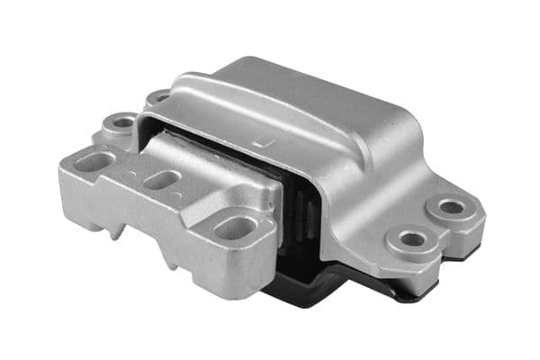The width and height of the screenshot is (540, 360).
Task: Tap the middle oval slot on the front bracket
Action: tap(160, 180)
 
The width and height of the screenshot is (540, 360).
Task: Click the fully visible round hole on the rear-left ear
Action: tap(121, 121)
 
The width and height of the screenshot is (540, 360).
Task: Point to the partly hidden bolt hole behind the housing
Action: tap(159, 95)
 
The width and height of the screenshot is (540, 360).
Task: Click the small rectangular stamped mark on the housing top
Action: tap(262, 140)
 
